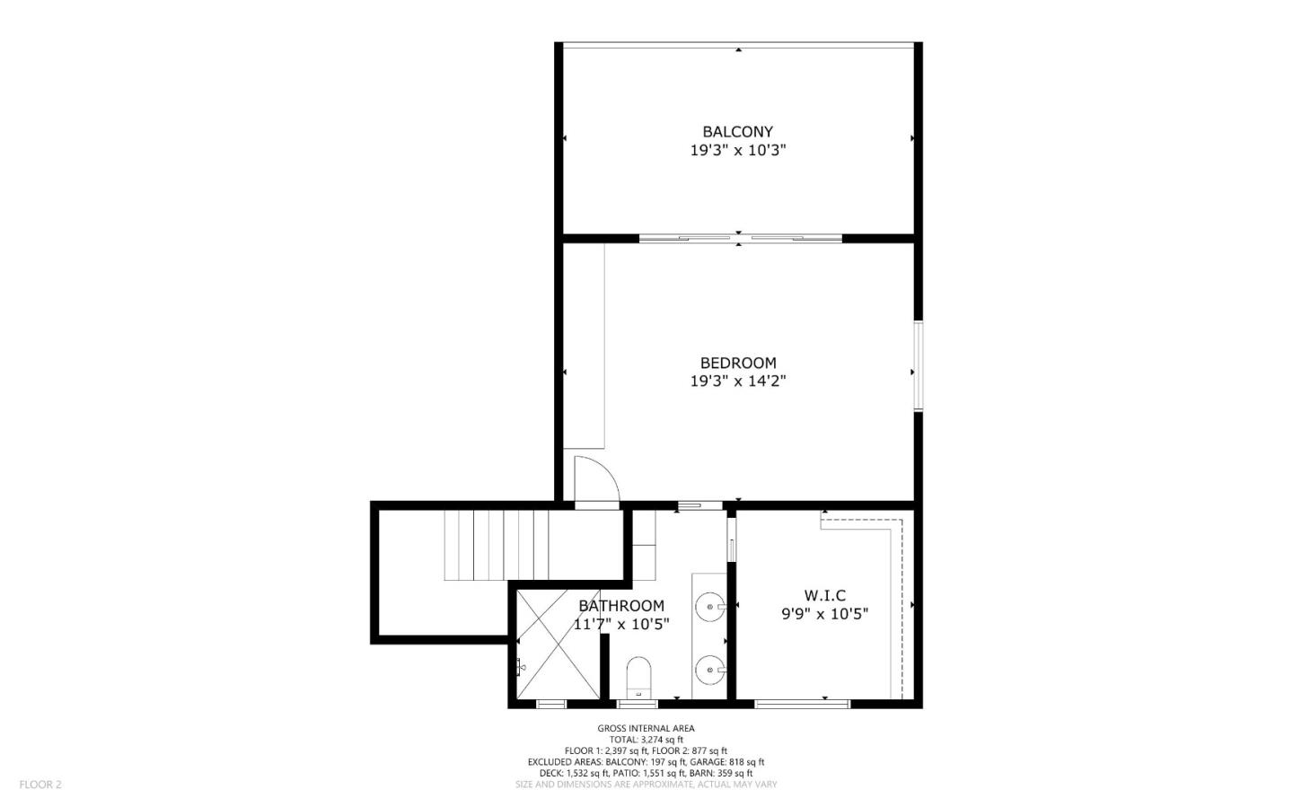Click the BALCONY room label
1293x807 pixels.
tap(737, 132)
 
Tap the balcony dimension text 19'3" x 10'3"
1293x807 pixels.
tap(737, 151)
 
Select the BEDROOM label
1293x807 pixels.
tap(737, 363)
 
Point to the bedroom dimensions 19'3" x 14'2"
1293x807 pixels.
tap(737, 381)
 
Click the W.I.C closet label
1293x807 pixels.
tap(824, 595)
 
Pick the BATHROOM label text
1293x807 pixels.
tap(621, 606)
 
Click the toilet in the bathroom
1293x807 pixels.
tap(638, 676)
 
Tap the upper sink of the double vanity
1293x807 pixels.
tap(711, 608)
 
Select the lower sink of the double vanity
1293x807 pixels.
tap(711, 668)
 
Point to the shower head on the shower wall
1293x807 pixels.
tap(520, 666)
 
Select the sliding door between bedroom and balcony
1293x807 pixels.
tap(740, 239)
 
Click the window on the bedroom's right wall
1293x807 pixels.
tap(918, 365)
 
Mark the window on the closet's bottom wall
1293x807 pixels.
tap(802, 703)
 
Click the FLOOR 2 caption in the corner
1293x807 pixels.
tap(40, 784)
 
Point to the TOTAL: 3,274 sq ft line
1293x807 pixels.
tap(646, 740)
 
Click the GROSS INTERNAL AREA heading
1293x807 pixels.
tap(646, 728)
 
